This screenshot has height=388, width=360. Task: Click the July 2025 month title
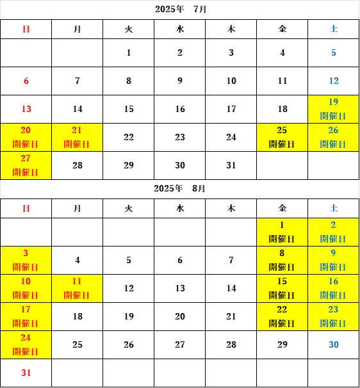(x=181, y=10)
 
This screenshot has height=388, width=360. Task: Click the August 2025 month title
(x=179, y=188)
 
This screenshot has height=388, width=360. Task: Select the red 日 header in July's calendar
(x=26, y=29)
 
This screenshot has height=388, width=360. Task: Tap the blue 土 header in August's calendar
(x=334, y=208)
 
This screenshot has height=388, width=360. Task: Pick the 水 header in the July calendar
(x=180, y=29)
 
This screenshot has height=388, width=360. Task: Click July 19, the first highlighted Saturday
(x=334, y=109)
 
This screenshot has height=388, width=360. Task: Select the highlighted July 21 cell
(x=77, y=137)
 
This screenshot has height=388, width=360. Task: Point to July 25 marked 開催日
(x=282, y=137)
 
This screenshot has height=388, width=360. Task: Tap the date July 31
(x=231, y=165)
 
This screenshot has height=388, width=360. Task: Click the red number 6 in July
(x=26, y=81)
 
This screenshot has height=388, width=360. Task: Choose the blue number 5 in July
(x=334, y=53)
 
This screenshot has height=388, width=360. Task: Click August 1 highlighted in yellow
(x=282, y=232)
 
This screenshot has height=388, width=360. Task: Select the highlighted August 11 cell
(x=77, y=288)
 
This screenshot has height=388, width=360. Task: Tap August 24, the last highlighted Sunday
(x=26, y=344)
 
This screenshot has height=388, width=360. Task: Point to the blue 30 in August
(x=334, y=344)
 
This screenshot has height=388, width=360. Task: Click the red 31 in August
(x=26, y=373)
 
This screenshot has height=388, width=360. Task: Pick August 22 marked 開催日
(x=282, y=316)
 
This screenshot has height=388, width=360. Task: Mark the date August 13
(x=180, y=288)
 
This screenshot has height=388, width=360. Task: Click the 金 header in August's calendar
(x=282, y=208)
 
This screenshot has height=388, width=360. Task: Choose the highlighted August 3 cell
(x=26, y=260)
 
